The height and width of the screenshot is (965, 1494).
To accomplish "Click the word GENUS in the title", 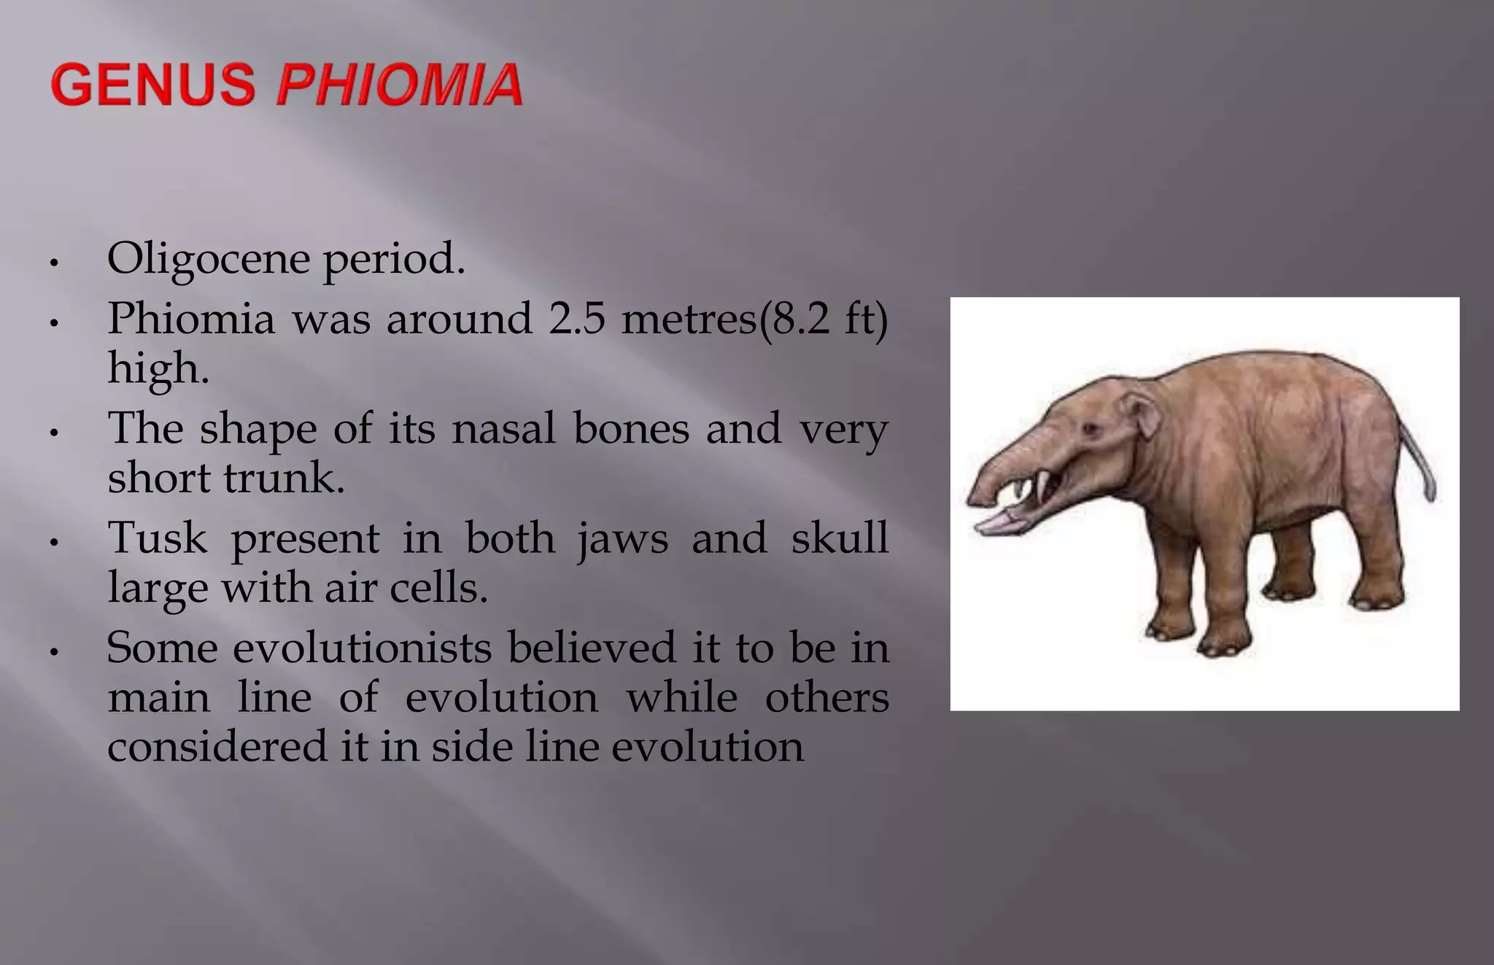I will coord(153,85).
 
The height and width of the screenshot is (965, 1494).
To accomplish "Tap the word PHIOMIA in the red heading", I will coord(400,85).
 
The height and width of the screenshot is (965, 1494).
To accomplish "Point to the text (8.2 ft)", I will coord(824,319).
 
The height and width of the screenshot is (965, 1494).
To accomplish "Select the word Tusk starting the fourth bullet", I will coord(157,538).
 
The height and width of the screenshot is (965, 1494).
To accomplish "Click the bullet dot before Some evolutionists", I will coord(53,651).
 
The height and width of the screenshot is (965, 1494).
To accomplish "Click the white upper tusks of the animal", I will coord(1043,484).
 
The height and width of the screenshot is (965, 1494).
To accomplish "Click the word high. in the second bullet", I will coord(158,369).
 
